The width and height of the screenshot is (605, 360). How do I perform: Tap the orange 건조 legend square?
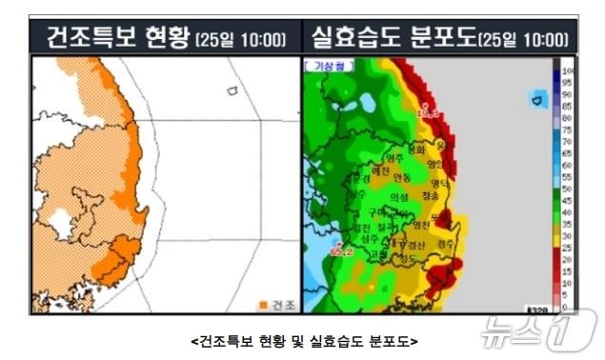[x=263, y=305]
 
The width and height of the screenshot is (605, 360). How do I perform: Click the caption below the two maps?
[x=304, y=339]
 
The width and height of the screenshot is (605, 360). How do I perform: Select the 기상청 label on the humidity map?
[x=317, y=68]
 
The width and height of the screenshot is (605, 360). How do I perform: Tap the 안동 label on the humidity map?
[x=402, y=177]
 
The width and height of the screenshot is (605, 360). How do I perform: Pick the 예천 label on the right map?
[x=381, y=170]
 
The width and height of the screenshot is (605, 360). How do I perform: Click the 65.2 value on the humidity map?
[x=341, y=252]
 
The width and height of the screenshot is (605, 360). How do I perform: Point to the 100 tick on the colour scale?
[x=569, y=71]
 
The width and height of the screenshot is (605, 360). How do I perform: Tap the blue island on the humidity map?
[x=538, y=98]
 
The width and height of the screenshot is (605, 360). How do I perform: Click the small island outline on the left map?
[x=231, y=90]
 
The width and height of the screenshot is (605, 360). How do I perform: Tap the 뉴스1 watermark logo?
[x=538, y=330]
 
